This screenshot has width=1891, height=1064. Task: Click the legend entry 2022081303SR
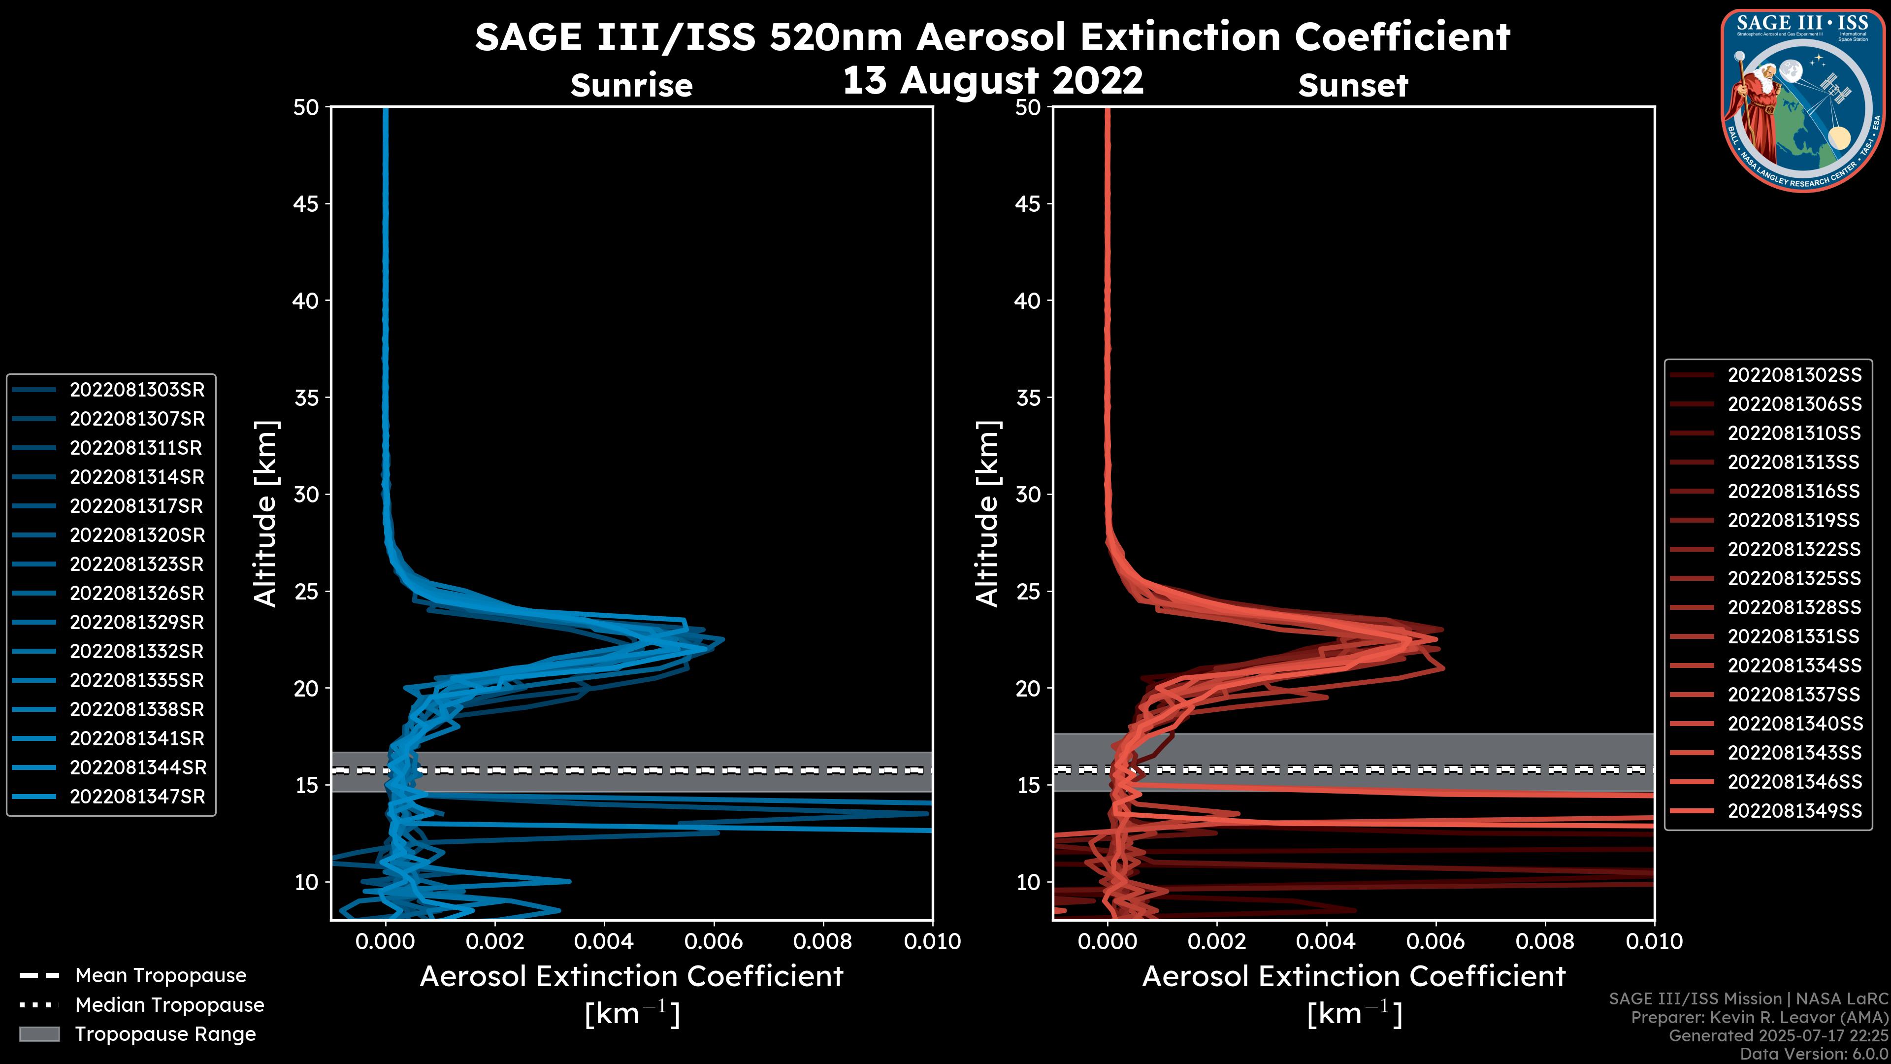point(136,390)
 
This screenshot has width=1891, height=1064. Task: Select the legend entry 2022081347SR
point(136,797)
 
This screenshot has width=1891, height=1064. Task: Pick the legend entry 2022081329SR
point(136,623)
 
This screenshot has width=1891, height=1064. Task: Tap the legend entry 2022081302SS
point(1794,375)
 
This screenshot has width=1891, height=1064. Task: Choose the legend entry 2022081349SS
point(1794,811)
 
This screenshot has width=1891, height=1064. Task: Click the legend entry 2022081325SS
point(1794,579)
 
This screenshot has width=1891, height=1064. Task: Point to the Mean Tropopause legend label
point(161,976)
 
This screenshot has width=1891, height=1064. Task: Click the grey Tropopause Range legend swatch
point(39,1034)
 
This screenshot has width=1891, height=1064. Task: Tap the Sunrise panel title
point(631,86)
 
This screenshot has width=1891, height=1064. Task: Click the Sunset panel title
point(1353,86)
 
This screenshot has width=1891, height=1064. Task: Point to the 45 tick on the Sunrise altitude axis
point(307,204)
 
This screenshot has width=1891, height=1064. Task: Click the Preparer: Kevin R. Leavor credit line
point(1760,1018)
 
